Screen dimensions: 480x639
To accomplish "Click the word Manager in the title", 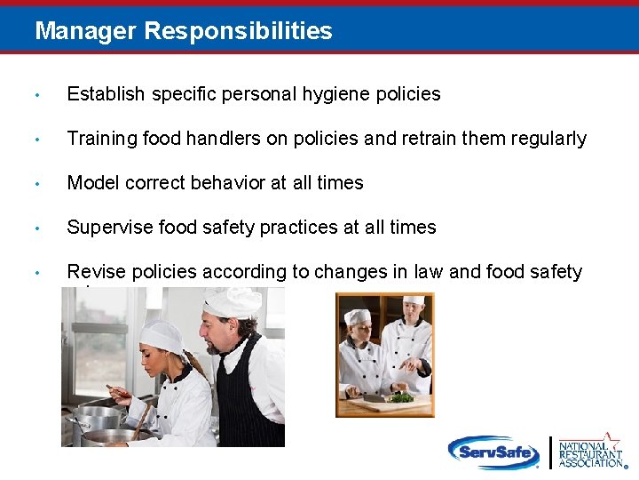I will [85, 32].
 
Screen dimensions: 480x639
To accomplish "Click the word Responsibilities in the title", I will [238, 32].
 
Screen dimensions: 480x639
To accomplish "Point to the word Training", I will [100, 139].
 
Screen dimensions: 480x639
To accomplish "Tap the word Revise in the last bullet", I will [95, 272].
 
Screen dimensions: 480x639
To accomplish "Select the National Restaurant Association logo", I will [590, 452].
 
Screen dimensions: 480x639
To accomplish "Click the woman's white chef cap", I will [162, 335].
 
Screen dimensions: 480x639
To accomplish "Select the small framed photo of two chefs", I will [384, 355].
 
